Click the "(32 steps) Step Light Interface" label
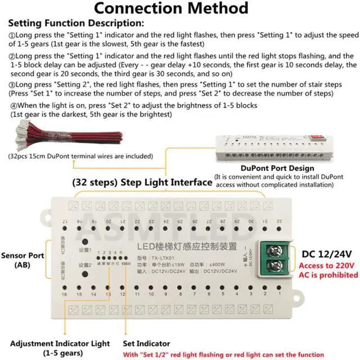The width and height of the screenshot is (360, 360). (x=142, y=182)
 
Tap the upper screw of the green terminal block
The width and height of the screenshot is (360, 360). (x=274, y=251)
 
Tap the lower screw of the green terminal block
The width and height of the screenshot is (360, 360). (x=274, y=265)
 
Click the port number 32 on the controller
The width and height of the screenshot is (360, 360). (x=279, y=221)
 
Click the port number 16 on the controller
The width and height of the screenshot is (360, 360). (x=65, y=294)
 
